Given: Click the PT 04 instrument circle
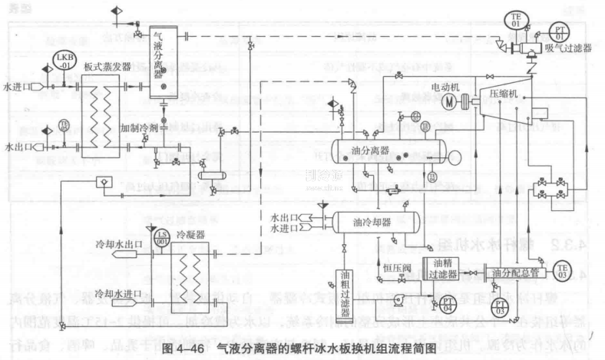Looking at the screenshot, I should click(447, 305).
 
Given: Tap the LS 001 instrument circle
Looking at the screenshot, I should click(162, 236).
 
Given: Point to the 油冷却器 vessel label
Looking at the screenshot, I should click(372, 222).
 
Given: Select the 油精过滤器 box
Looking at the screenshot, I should click(441, 269).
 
